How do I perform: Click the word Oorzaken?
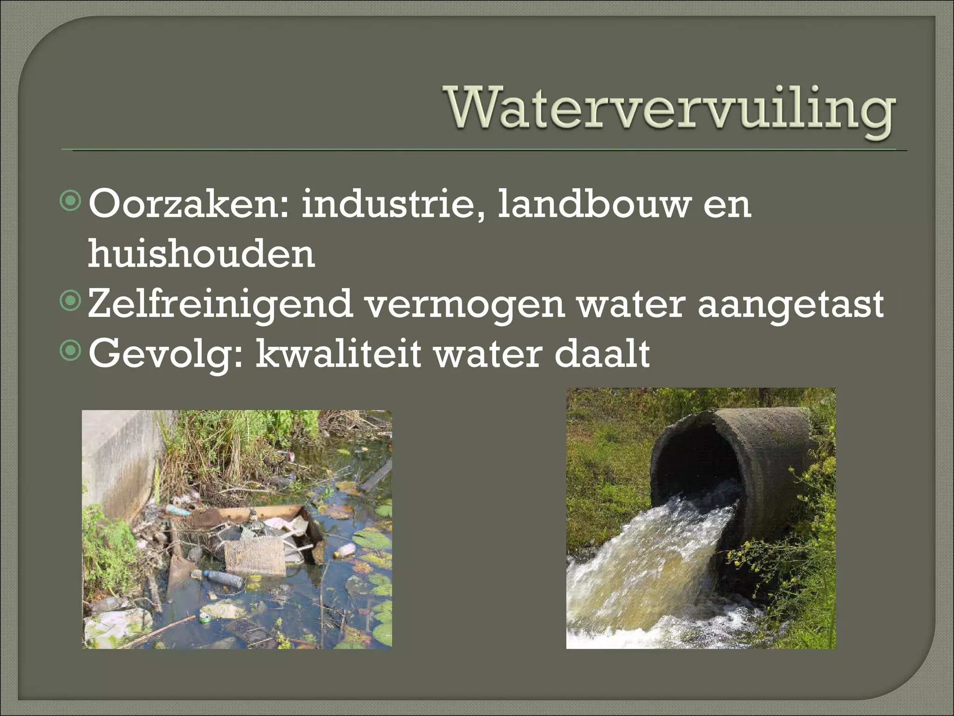tap(184, 204)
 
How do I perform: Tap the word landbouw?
tap(592, 204)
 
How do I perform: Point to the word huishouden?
tap(201, 254)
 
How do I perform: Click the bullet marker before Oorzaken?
tap(71, 201)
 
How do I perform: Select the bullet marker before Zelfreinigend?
tap(71, 301)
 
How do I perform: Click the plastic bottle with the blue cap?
tap(223, 578)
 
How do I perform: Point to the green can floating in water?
tap(204, 618)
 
